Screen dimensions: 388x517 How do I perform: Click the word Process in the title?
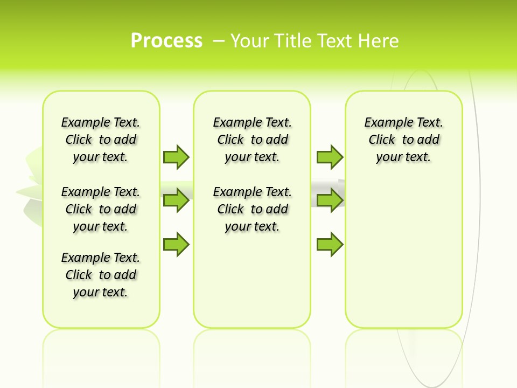coord(166,41)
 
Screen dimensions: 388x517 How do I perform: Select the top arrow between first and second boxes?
coord(176,157)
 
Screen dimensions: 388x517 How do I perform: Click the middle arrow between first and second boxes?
coord(176,200)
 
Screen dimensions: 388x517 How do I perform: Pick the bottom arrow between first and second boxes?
coord(176,244)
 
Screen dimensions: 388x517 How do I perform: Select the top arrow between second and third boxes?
coord(330,157)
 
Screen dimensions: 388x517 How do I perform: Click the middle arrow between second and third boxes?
coord(330,200)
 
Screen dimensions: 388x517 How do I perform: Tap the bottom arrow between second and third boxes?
coord(330,244)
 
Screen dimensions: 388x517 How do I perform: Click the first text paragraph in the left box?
coord(101,140)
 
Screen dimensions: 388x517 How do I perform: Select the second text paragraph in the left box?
coord(101,209)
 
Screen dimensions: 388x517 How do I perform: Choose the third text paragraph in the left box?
coord(101,275)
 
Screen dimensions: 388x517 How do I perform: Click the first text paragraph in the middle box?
coord(252,140)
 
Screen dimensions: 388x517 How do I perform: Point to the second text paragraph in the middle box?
coord(252,209)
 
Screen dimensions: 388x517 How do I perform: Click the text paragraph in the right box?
coord(404,140)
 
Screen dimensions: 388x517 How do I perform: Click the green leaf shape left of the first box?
coord(31,186)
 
